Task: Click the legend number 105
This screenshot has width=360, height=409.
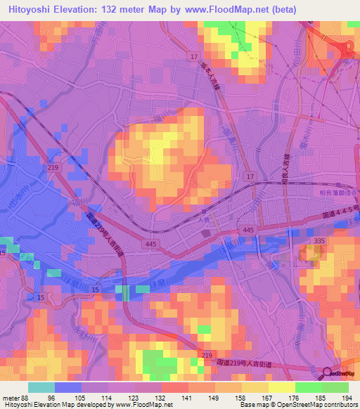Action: [82, 397]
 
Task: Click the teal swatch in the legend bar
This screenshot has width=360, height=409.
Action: [41, 387]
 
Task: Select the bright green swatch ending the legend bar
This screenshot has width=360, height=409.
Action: [335, 387]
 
